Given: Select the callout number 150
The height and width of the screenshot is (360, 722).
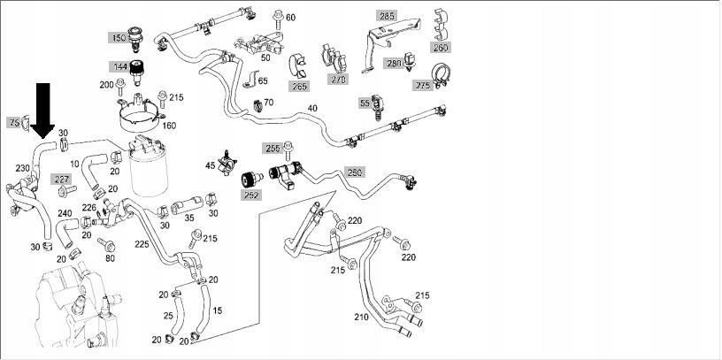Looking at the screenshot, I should (x=119, y=38).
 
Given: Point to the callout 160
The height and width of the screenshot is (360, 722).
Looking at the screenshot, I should (x=169, y=125).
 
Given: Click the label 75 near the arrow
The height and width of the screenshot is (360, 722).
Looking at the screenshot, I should (x=14, y=122).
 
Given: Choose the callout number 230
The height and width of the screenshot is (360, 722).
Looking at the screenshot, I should (x=23, y=167).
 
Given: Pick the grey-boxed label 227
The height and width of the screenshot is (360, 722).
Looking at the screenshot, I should (x=62, y=180).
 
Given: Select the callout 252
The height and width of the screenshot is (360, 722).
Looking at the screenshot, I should (x=251, y=194).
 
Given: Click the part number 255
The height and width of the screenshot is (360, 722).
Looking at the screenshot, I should (x=273, y=148).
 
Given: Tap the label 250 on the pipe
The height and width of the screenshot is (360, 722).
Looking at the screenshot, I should (x=354, y=172).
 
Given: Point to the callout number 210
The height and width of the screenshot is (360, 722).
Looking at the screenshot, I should (x=361, y=316).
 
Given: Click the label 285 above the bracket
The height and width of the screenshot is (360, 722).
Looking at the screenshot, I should (x=388, y=16).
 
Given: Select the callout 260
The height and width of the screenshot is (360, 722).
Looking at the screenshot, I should (x=442, y=46).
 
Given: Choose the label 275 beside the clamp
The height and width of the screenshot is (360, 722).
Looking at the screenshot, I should (x=423, y=86).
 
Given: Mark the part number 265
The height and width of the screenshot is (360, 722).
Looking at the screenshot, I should (x=299, y=87).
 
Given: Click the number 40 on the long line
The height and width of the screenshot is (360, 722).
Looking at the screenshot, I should (x=311, y=109).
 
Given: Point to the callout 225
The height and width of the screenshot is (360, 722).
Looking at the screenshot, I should (x=142, y=244).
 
